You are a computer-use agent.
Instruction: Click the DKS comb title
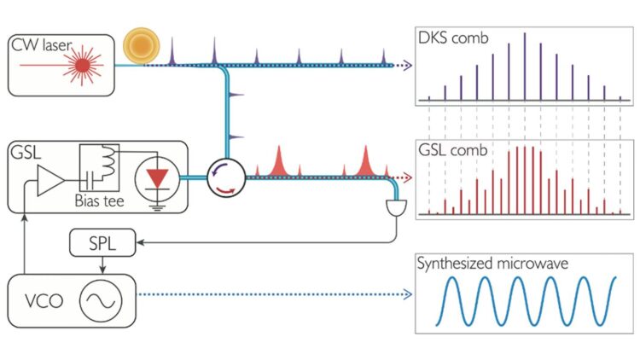coord(453,38)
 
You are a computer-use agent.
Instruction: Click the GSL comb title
coord(451,150)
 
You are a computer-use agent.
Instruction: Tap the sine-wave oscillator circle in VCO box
coord(102,300)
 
